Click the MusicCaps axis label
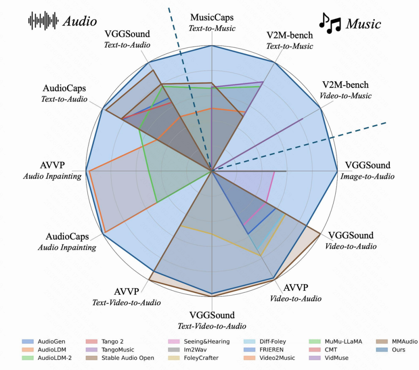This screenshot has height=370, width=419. (212, 22)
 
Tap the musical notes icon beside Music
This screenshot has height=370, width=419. (330, 24)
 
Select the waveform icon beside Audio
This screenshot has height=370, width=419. (43, 21)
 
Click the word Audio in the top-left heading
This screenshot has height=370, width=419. (80, 21)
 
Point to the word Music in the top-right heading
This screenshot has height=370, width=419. (364, 24)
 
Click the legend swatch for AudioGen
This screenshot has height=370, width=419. (28, 341)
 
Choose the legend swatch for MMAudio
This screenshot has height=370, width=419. (382, 341)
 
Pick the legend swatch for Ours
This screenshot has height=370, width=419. (382, 350)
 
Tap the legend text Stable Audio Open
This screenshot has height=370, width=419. (128, 358)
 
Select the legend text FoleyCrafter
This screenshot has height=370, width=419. (201, 358)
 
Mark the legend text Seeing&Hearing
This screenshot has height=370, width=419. (206, 342)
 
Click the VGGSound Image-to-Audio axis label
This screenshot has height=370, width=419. (367, 170)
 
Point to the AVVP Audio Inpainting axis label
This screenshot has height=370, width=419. (52, 170)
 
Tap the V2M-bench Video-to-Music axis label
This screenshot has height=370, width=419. (346, 90)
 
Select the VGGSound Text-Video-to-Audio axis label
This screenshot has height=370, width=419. (212, 320)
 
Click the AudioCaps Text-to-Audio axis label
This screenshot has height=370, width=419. (64, 93)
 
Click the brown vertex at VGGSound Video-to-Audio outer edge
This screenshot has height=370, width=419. (320, 234)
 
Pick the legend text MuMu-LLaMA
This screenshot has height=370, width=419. (343, 341)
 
